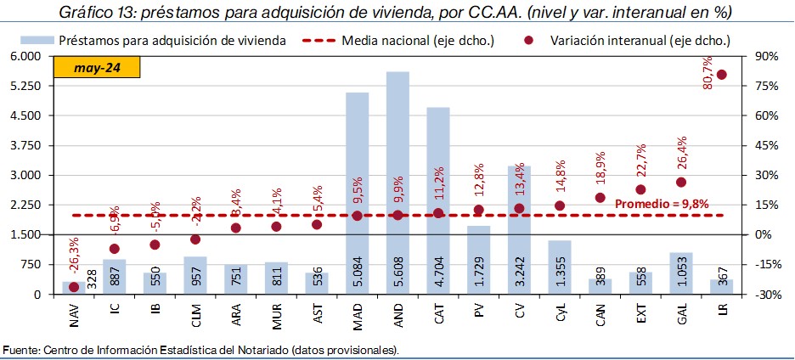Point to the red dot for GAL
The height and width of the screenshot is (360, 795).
[681, 182]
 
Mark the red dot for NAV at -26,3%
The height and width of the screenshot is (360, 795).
[74, 287]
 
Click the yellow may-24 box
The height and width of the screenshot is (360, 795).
[96, 68]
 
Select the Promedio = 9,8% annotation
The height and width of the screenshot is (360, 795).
[662, 204]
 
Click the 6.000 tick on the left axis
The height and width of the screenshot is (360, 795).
[25, 56]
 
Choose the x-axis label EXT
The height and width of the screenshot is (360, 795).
[640, 317]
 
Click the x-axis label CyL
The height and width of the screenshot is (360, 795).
[560, 317]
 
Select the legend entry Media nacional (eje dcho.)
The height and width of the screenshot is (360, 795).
[415, 40]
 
